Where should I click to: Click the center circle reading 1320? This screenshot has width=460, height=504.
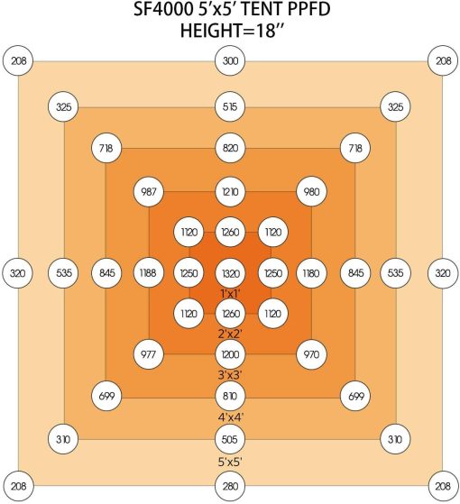point(230,273)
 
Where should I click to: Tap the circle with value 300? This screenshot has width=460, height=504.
point(230,60)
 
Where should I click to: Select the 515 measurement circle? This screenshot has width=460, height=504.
point(230,106)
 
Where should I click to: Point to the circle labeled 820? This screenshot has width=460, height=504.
point(230,148)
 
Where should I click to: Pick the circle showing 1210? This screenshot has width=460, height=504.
point(230,192)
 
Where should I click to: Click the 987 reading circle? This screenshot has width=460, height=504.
point(149,192)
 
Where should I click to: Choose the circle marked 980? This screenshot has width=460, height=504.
point(311,192)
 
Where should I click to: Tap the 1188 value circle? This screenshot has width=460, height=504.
point(149,273)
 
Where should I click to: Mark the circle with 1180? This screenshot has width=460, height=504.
point(311,273)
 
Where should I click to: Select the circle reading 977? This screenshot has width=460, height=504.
point(149,354)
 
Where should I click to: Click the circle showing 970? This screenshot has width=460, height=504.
point(311,354)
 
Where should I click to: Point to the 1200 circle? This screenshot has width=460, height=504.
point(230,354)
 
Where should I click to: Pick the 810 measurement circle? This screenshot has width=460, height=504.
point(230,396)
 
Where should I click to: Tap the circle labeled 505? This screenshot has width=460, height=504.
point(230,439)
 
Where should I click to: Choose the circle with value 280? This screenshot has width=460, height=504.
point(230,486)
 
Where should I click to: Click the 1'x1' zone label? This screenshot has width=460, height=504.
point(231,293)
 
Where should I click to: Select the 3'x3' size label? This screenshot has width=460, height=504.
point(230,375)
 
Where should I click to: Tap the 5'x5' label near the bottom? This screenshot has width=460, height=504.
point(230,463)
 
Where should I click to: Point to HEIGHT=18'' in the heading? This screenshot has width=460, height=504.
point(233,31)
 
